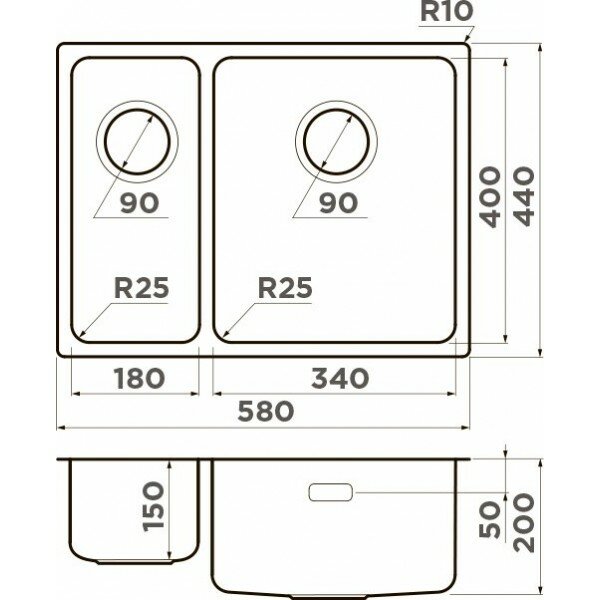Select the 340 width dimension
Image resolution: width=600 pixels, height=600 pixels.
coord(340,378)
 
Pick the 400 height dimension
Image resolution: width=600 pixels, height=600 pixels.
coord(490,196)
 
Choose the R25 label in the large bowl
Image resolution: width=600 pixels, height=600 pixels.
coord(285,288)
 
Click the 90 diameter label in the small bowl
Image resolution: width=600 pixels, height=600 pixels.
coord(139,203)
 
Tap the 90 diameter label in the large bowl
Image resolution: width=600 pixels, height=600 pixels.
coord(340,203)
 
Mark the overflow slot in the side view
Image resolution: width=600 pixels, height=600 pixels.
coord(332,492)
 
